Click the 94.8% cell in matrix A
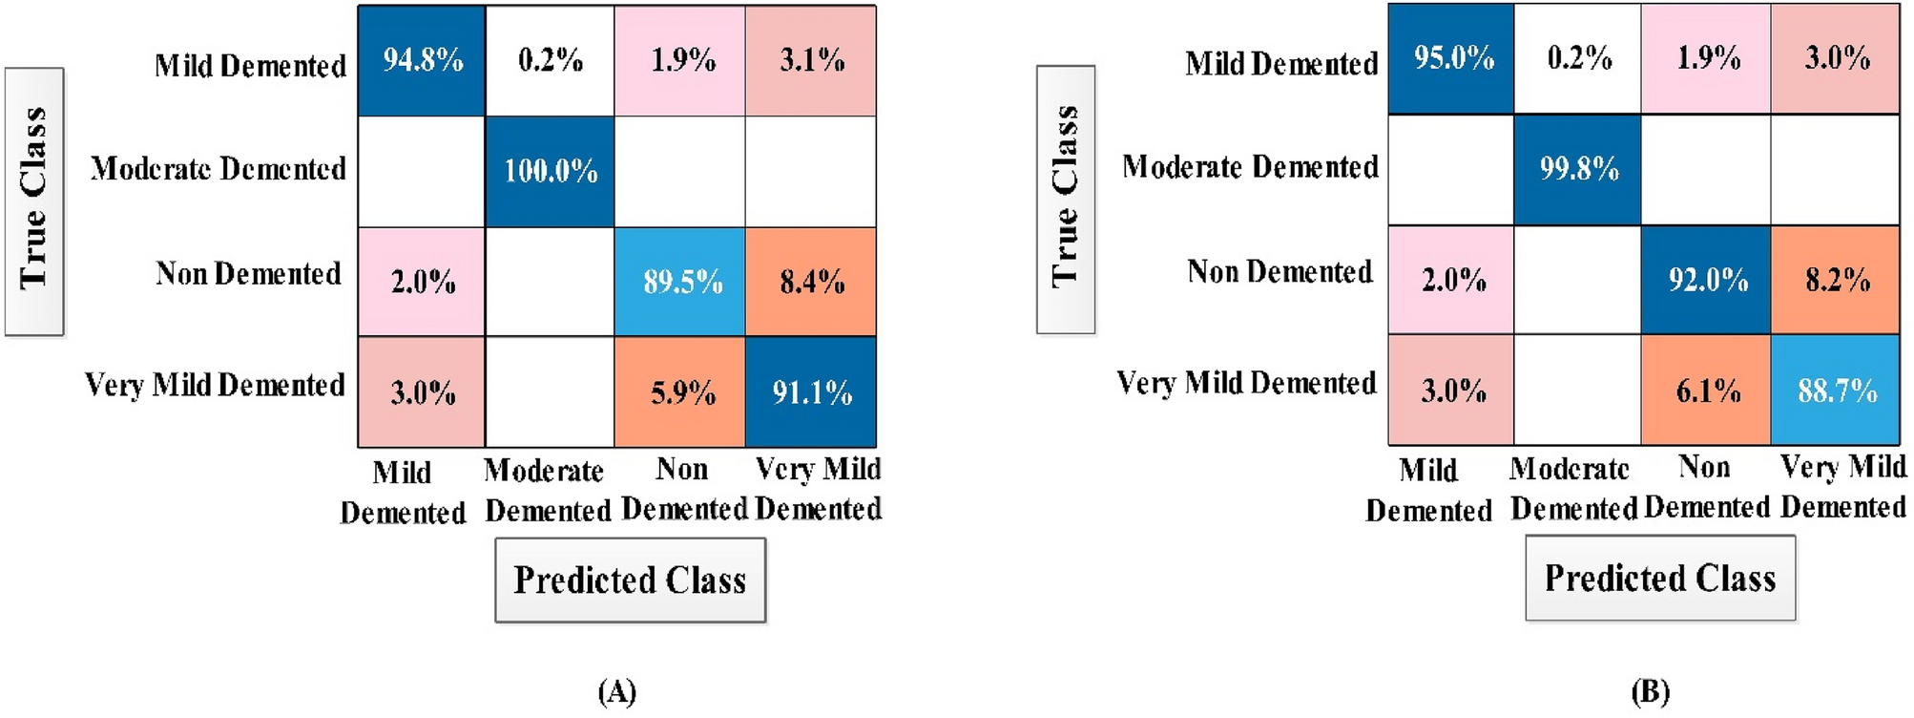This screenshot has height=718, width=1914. point(422,61)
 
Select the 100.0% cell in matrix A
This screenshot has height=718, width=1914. point(550,171)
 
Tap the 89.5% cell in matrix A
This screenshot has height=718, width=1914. point(680,282)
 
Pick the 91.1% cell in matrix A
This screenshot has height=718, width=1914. point(811,391)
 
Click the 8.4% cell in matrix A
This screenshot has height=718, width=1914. point(811,282)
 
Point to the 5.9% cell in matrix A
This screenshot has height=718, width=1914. point(680,391)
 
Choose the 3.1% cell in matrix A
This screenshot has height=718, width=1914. point(811,61)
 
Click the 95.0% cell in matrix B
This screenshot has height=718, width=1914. point(1452,58)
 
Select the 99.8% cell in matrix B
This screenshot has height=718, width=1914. point(1578,169)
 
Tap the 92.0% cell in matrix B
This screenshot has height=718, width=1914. point(1707,280)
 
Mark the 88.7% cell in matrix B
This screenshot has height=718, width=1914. point(1837,390)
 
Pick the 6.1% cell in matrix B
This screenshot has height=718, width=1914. point(1707,390)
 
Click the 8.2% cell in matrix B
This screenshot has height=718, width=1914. point(1837,280)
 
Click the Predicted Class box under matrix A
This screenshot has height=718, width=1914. point(630,580)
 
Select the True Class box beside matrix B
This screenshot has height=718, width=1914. point(1066,199)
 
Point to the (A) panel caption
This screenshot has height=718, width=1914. point(616,691)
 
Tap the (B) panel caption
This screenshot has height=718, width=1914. point(1650,691)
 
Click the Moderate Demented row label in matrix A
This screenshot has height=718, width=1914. point(218,169)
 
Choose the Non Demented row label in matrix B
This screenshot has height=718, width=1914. point(1279,272)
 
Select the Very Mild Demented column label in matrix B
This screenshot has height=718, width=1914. point(1843,487)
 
